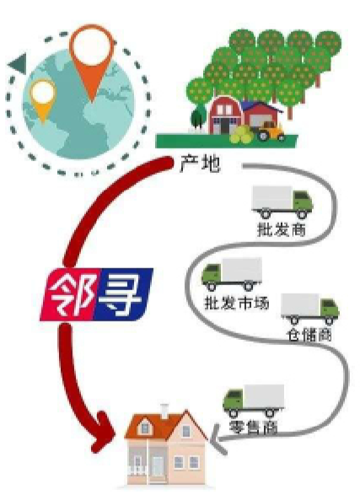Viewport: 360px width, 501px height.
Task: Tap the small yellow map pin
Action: [x=43, y=99]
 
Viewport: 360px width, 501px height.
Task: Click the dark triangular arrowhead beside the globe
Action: [x=18, y=63]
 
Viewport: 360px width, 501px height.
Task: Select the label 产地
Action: [x=200, y=164]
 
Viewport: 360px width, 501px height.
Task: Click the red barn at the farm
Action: [x=226, y=115]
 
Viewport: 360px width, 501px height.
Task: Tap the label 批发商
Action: [x=282, y=229]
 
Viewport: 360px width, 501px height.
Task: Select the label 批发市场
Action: [x=236, y=302]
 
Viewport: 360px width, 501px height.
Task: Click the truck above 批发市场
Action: [x=232, y=274]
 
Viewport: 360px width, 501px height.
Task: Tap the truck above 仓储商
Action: [x=310, y=310]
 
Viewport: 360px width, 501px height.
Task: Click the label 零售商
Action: [x=253, y=427]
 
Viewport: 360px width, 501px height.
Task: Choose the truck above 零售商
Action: [x=254, y=401]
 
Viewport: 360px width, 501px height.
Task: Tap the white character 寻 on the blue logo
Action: [x=121, y=295]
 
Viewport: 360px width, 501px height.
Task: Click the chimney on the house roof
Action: [x=164, y=412]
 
